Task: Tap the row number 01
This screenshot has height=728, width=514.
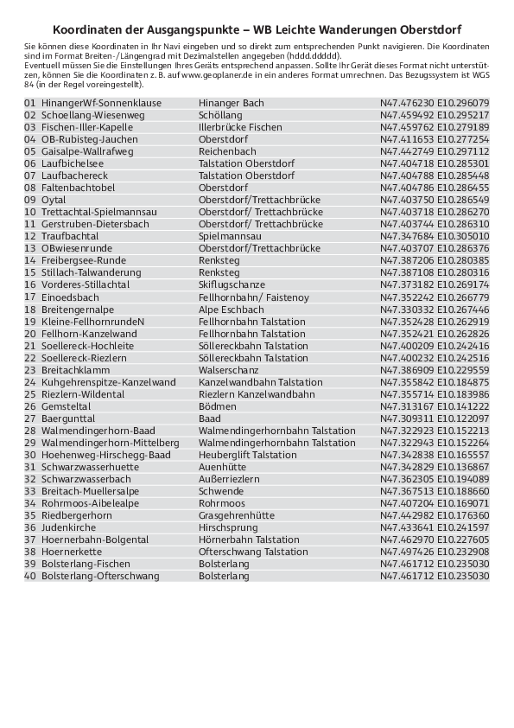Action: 30,103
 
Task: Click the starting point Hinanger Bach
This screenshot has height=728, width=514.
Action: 232,103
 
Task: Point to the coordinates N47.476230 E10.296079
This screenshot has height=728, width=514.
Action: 435,103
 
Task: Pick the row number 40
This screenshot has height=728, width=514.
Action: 30,576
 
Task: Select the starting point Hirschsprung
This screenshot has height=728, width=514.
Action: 228,527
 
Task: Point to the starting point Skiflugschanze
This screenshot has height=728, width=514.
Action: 232,284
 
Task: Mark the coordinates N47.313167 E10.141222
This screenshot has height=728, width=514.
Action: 435,406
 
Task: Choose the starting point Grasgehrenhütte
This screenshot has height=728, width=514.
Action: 237,515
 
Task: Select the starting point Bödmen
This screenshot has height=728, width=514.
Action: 218,406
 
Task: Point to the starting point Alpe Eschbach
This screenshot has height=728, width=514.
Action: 232,310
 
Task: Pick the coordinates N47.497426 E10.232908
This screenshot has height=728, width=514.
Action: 435,552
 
